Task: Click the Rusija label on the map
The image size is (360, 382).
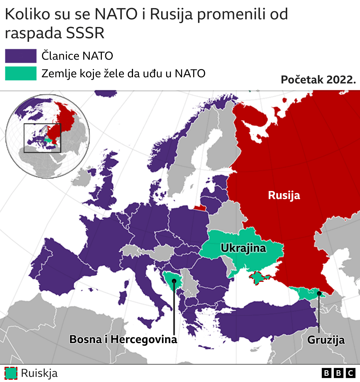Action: [x=284, y=195]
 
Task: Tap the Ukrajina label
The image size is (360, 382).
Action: [x=243, y=248]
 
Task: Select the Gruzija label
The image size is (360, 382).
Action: [x=326, y=340]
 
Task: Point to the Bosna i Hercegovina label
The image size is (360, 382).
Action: [x=123, y=339]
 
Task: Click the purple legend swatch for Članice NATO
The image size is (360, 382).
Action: [x=21, y=56]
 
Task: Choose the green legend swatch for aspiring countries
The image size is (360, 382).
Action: [x=21, y=73]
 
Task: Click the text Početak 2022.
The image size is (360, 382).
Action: [x=318, y=80]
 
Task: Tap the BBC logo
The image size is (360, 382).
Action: [x=338, y=373]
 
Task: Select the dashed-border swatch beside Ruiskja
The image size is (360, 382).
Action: [x=11, y=373]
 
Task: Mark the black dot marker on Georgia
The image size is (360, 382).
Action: [x=319, y=293]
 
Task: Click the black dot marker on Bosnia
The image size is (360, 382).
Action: [x=174, y=281]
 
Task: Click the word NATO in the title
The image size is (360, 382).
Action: [x=116, y=14]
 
